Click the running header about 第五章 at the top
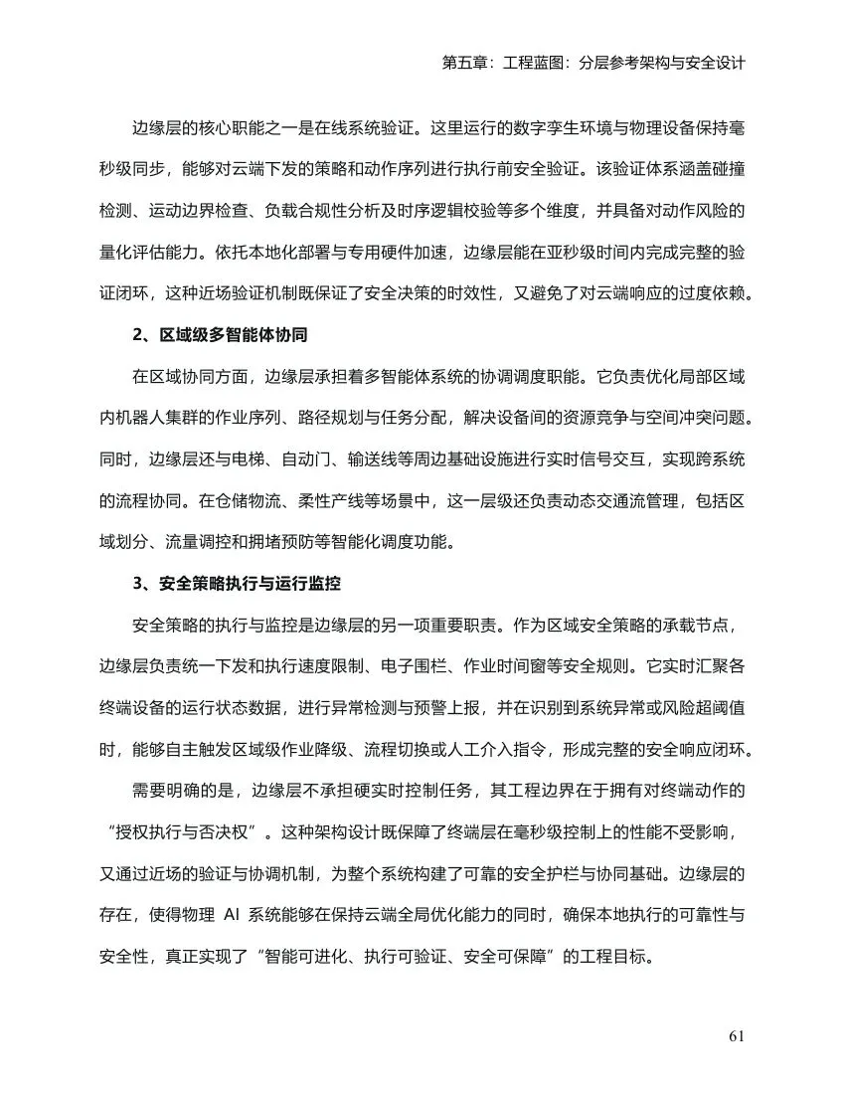click(592, 62)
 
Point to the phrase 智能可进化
click(300, 958)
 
